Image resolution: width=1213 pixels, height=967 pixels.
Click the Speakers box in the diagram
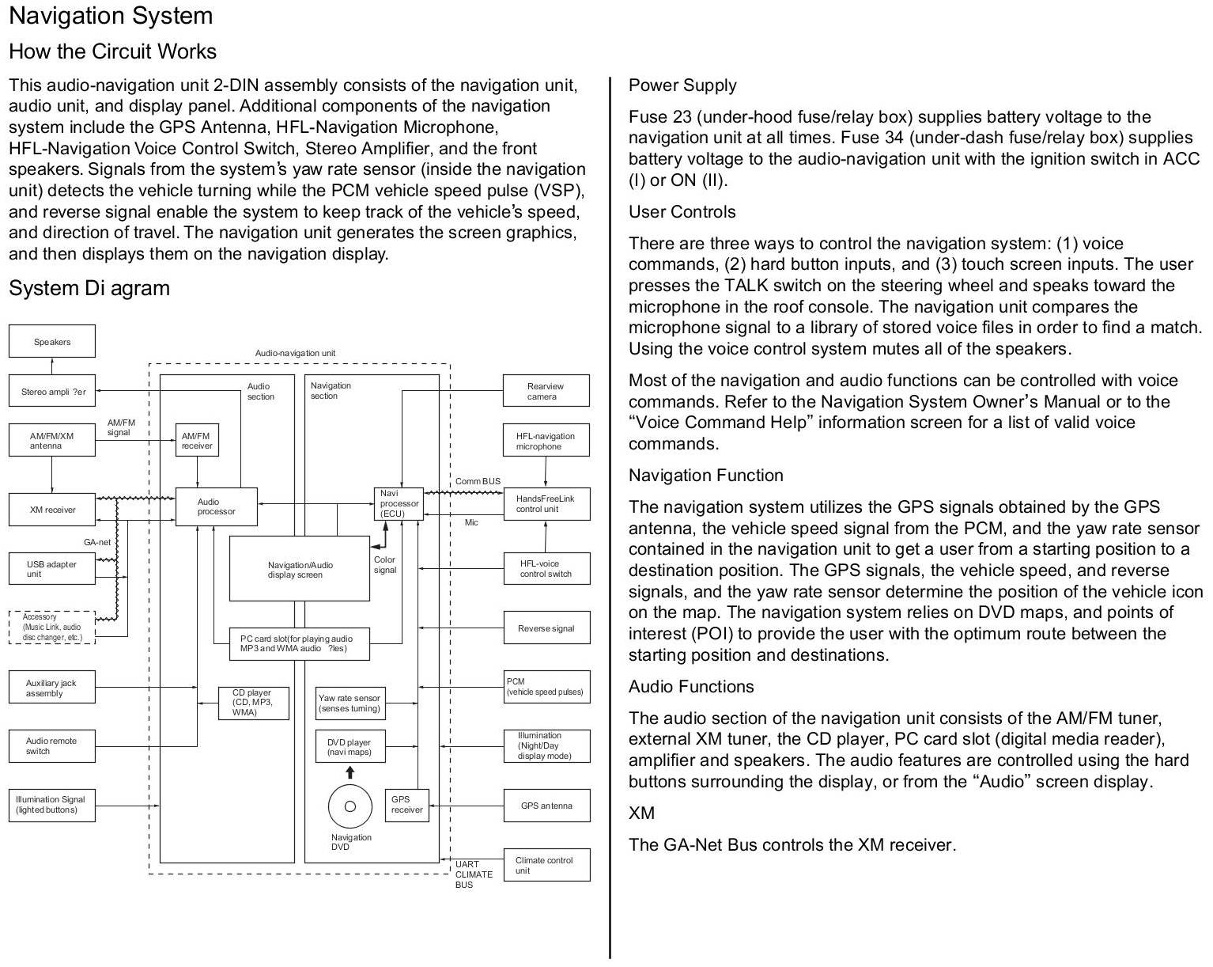click(52, 341)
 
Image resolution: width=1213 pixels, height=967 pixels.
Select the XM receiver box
click(52, 510)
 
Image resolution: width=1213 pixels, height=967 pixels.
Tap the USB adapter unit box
click(52, 569)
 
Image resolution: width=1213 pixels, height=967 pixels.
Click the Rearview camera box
click(546, 391)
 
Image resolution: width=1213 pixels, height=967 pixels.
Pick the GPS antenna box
click(546, 806)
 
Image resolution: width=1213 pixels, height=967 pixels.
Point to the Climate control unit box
click(546, 865)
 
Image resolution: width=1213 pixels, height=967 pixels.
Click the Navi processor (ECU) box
click(399, 503)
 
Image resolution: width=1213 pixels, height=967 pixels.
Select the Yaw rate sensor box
click(350, 703)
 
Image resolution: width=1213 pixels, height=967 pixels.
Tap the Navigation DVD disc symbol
click(350, 806)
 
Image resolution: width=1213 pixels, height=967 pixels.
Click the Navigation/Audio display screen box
click(299, 569)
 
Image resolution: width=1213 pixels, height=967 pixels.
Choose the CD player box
click(253, 703)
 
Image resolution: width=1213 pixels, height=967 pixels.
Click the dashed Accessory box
click(52, 627)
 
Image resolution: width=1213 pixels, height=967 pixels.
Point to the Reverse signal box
click(546, 628)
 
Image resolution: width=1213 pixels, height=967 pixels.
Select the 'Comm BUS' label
click(478, 481)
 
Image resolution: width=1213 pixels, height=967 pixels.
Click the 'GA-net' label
click(97, 542)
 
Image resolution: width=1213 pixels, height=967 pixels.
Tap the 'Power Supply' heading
click(682, 85)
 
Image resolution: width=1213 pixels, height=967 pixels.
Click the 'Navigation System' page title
click(111, 16)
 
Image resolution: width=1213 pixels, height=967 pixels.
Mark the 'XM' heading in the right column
click(641, 813)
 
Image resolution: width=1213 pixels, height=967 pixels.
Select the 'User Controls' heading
click(682, 212)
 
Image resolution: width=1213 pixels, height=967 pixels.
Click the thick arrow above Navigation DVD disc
click(350, 772)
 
